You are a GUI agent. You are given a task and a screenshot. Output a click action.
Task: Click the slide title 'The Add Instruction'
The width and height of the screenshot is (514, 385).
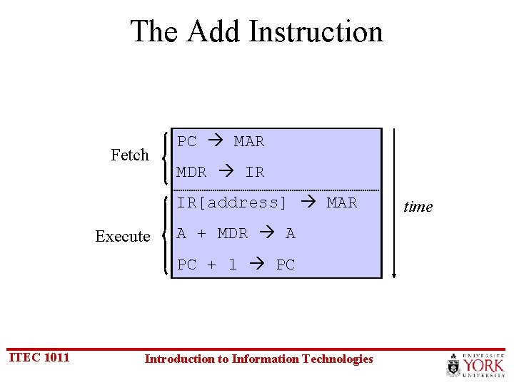pos(256,32)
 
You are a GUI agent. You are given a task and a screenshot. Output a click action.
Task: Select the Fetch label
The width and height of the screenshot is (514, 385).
pos(130,155)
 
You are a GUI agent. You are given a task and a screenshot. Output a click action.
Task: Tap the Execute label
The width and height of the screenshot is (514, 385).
pos(123,236)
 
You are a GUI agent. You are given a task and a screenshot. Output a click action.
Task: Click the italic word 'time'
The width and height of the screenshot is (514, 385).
pos(418,207)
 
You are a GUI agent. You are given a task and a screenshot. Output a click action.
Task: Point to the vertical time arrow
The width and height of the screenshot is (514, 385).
pos(394,203)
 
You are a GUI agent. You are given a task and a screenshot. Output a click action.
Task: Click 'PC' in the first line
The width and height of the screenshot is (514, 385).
pos(187,141)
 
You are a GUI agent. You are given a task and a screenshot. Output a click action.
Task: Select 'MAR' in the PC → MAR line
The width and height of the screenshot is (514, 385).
pos(249,141)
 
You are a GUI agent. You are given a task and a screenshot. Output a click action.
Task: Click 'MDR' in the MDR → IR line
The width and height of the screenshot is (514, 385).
pos(191,172)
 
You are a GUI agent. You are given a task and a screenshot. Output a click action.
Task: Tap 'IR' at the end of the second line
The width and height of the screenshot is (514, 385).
pos(254,172)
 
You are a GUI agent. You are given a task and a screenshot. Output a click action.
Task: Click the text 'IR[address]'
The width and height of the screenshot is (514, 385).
pos(232,202)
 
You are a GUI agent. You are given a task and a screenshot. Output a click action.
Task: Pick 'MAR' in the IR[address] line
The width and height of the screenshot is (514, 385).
pos(341,202)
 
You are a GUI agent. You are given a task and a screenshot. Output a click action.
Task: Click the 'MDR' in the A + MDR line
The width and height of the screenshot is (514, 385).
pos(232,233)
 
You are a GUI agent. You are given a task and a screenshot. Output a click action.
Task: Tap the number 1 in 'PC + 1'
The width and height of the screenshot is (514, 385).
pos(233,265)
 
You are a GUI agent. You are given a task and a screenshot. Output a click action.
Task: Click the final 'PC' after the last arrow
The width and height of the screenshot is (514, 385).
pos(285,265)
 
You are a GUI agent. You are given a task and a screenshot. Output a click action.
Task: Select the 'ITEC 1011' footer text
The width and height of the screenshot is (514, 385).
pos(39,357)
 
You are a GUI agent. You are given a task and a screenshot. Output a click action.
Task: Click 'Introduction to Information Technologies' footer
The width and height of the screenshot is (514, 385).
pos(258,359)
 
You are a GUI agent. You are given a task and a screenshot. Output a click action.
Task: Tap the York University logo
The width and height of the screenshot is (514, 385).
pos(475,365)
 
